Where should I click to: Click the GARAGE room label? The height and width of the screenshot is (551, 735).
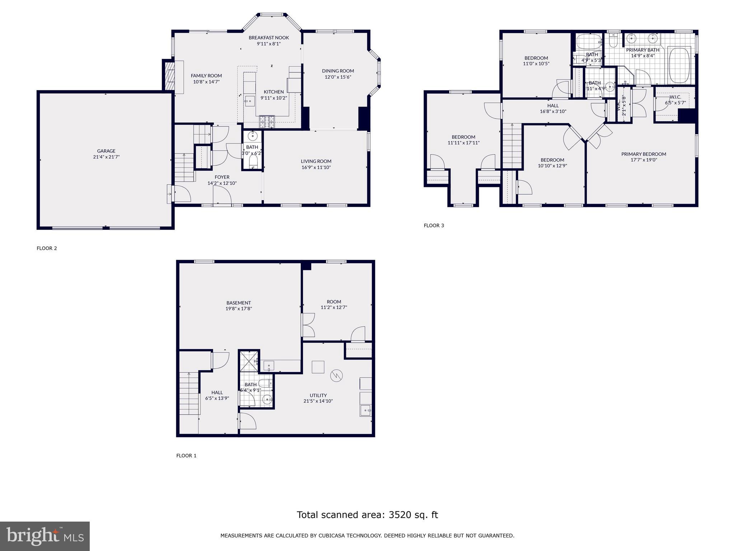(106, 151)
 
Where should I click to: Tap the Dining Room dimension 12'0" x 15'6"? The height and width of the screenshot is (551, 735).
(338, 77)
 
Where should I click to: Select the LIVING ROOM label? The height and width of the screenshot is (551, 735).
(316, 161)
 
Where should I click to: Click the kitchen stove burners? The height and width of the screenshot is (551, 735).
(267, 122)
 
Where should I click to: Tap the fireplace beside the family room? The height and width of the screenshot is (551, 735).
(169, 76)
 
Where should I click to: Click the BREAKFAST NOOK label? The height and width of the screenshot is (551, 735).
(268, 38)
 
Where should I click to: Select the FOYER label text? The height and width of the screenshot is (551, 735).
(222, 177)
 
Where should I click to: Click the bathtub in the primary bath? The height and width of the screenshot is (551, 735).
(679, 65)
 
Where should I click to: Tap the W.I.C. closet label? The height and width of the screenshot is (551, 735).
(675, 97)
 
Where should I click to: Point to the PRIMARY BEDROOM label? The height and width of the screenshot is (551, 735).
(643, 154)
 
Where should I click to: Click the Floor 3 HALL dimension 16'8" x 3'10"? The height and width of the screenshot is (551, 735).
(553, 112)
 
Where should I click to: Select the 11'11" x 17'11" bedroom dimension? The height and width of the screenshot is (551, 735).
(463, 143)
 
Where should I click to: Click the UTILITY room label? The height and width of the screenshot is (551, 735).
(318, 395)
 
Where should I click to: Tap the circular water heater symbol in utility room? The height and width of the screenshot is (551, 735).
(337, 376)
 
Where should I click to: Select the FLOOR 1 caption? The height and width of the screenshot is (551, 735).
(186, 456)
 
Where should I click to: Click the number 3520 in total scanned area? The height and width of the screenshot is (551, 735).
(400, 515)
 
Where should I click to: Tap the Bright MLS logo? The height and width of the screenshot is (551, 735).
(45, 536)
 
